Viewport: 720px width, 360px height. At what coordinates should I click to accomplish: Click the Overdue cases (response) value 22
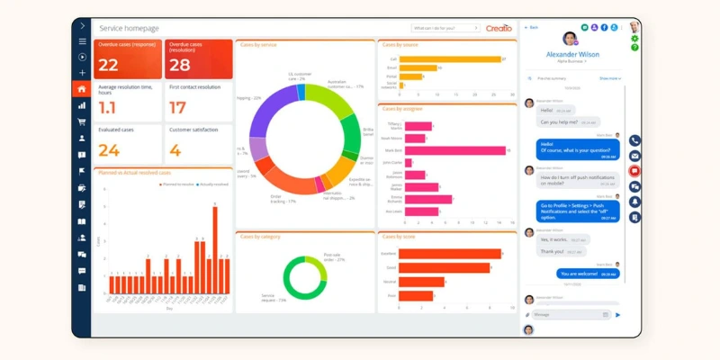108,65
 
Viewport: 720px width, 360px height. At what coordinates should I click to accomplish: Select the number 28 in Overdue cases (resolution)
179,65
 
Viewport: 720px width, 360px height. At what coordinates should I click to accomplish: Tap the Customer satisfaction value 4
175,150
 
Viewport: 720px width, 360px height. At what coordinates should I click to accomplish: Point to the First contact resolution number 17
177,107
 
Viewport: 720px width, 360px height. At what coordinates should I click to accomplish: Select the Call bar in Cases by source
450,59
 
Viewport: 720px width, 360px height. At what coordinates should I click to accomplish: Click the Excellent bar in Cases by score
450,254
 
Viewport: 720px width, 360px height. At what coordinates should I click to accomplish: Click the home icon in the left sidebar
82,89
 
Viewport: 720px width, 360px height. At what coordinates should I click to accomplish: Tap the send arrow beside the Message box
617,315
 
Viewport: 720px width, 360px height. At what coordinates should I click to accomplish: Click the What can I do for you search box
445,28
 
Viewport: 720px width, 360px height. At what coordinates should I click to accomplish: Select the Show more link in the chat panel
609,78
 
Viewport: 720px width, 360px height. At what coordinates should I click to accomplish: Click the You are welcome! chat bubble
588,273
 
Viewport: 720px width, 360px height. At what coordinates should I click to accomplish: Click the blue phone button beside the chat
634,141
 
